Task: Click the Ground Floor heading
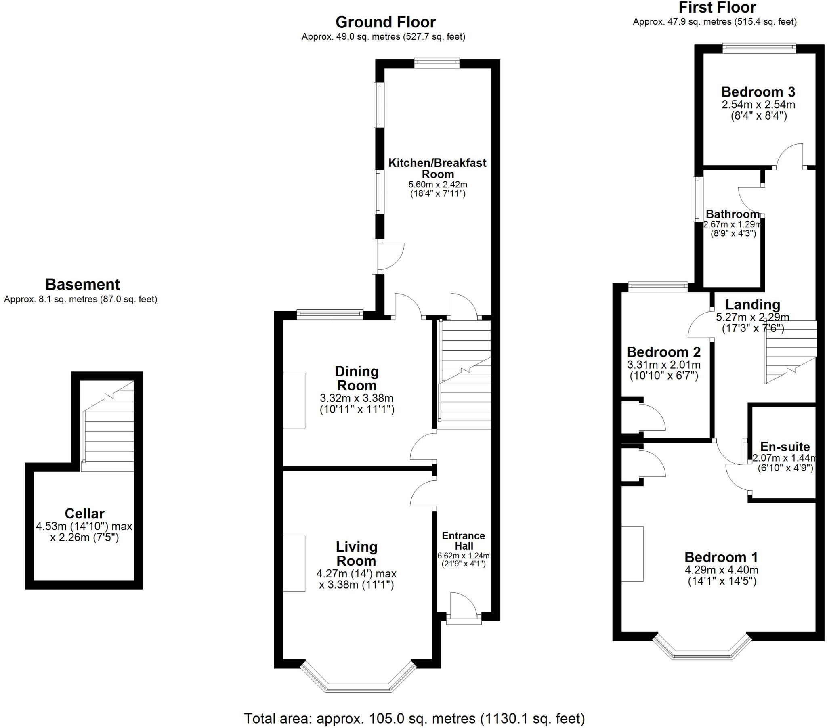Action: [x=385, y=22]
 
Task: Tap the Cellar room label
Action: [x=84, y=514]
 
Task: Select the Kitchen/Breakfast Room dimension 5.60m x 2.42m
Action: [x=438, y=185]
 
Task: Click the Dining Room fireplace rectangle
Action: [x=294, y=400]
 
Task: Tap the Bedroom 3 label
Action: [x=758, y=92]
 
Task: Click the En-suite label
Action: [x=785, y=447]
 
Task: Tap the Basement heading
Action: [x=82, y=285]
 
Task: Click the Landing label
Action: [x=752, y=304]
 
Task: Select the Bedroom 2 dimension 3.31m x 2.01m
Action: [x=663, y=364]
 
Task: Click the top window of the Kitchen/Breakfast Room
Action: [x=437, y=63]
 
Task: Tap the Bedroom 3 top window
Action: [x=760, y=48]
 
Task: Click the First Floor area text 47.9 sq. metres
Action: [x=714, y=22]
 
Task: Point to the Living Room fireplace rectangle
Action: [x=294, y=563]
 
